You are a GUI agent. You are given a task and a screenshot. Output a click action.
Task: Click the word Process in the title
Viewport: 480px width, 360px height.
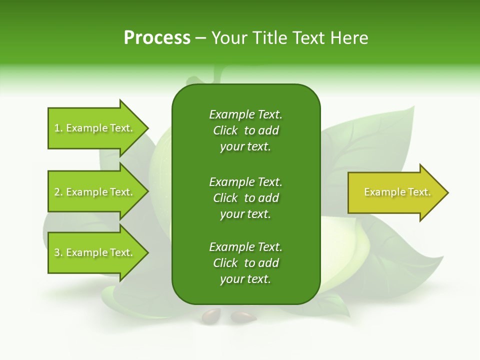[x=157, y=38]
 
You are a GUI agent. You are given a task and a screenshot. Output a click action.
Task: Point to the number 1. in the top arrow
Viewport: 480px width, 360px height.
[x=58, y=128]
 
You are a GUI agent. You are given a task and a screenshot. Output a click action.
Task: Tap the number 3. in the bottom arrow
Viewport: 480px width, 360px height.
[x=58, y=253]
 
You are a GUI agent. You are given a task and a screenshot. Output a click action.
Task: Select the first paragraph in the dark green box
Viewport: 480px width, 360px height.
[x=245, y=130]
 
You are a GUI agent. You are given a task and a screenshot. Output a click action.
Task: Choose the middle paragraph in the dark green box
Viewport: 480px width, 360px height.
[x=245, y=198]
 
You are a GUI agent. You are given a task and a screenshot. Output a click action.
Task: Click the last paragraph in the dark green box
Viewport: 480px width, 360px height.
[x=245, y=263]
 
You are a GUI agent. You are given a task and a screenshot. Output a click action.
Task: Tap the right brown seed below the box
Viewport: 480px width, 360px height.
[x=243, y=316]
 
